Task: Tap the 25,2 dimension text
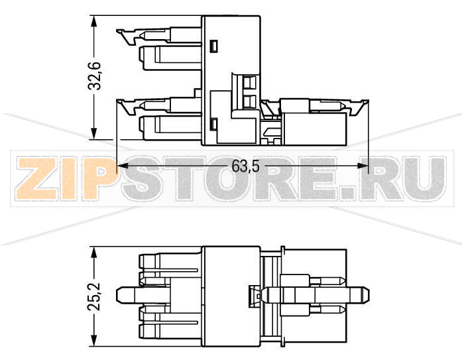pos(96,296)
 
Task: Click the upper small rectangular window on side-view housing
pos(213,46)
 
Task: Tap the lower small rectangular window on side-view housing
pos(213,123)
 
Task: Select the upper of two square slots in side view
pos(249,83)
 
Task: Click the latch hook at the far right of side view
pos(361,105)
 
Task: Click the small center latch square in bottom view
pos(254,296)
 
